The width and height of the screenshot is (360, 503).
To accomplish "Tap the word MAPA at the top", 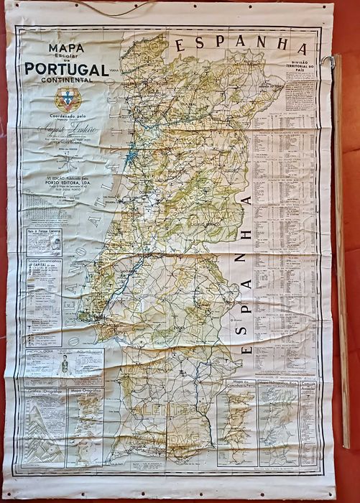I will coord(66,49).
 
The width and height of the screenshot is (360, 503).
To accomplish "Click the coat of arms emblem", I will coord(68,98).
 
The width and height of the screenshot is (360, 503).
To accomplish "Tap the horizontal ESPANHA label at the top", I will coord(241,42).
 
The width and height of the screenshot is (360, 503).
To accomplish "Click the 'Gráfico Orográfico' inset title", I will coord(43,392).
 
